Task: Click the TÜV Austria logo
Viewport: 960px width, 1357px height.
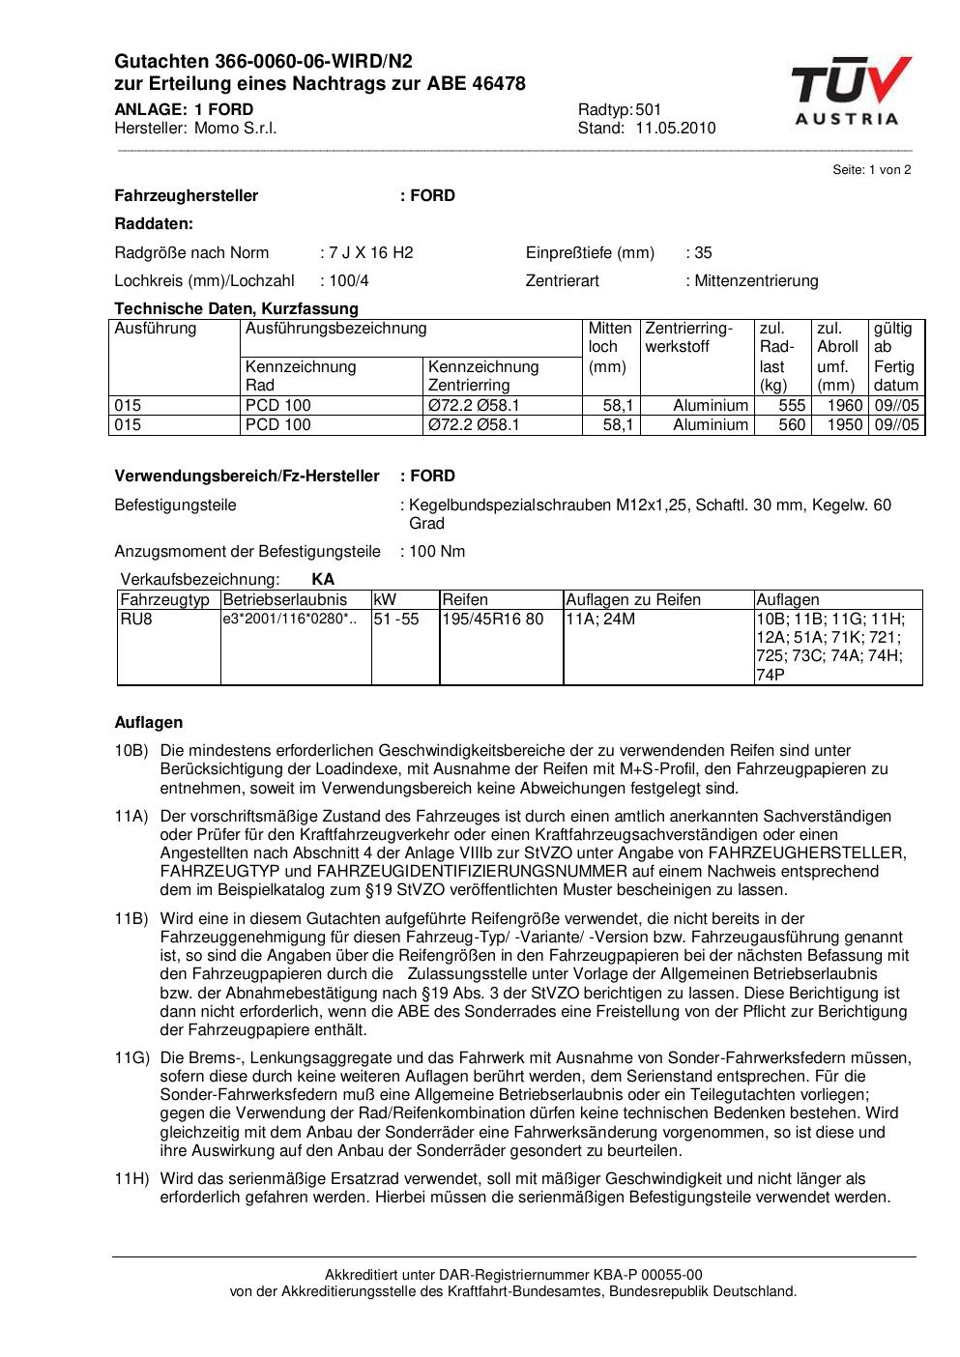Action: coord(851,91)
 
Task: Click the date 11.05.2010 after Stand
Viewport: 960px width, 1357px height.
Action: coord(675,129)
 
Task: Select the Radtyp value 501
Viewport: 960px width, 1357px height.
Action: coord(649,110)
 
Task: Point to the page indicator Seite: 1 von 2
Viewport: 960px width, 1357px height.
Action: coord(871,170)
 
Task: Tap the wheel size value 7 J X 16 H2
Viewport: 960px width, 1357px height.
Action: coord(370,253)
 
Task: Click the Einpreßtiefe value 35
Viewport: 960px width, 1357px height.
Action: coord(703,253)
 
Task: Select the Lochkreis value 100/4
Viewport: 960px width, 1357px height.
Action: coord(349,281)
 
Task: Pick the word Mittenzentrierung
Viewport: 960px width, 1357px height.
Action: coord(756,281)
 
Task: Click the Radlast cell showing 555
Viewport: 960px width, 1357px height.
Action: coord(792,406)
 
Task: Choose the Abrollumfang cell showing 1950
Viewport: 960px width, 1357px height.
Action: coord(844,425)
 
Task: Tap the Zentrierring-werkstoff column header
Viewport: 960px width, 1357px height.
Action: coord(689,337)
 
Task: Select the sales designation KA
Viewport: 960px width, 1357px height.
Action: coord(323,580)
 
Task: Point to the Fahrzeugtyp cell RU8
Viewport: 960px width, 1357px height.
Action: coord(136,620)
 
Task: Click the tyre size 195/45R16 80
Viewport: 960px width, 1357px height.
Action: coord(492,620)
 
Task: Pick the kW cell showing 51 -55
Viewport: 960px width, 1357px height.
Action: coord(396,620)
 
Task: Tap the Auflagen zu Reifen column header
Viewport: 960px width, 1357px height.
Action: coord(632,600)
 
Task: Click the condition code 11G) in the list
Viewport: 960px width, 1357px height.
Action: coord(131,1058)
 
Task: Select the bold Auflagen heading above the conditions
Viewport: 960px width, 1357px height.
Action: coord(148,723)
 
